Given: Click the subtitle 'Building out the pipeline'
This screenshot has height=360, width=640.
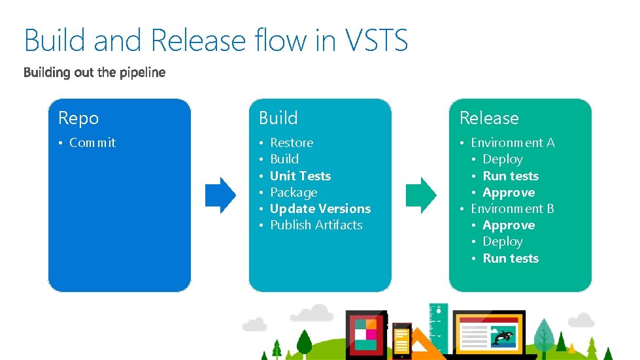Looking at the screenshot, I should [x=95, y=73].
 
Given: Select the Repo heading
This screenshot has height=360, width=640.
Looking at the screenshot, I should [x=78, y=118].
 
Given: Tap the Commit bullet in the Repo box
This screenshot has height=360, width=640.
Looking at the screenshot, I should [x=92, y=142].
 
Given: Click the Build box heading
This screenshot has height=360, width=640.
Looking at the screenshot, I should [x=278, y=118].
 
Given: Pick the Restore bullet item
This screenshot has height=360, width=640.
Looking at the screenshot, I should [x=292, y=142].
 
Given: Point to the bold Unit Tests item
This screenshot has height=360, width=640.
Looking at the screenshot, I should [x=300, y=176].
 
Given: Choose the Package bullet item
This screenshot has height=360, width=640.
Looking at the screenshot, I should [x=294, y=192].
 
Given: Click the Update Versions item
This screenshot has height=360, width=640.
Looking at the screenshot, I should [x=320, y=208].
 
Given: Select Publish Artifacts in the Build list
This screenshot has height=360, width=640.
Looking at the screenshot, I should [x=316, y=225].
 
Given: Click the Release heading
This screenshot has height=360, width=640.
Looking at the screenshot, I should [x=489, y=118].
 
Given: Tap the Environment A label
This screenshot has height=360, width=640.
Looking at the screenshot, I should [x=513, y=142].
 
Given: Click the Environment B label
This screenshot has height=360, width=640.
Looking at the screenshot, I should [x=513, y=208].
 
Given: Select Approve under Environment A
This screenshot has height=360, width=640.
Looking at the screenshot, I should [x=509, y=192].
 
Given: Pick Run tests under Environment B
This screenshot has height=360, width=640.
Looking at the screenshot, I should [x=511, y=258].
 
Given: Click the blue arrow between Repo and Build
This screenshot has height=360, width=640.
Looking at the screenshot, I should [x=220, y=194].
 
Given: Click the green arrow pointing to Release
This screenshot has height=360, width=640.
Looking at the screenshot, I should [x=421, y=194].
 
